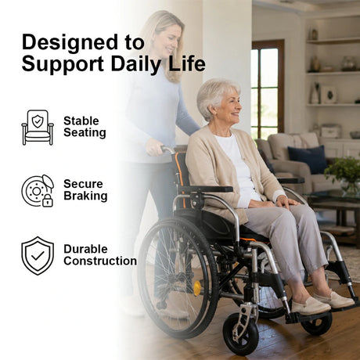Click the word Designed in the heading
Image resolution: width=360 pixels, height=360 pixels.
coord(70,41)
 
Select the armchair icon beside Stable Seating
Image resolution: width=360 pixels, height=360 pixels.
coord(38,128)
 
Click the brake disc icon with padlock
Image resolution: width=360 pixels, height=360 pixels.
coord(38,191)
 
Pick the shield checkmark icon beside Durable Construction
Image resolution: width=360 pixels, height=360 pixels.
coord(38,256)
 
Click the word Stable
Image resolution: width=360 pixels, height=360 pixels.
coord(81,121)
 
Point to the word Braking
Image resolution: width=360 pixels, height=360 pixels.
coord(85,196)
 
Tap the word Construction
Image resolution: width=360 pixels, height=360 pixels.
coord(100,261)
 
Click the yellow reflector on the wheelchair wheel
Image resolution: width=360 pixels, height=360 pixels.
coord(197,288)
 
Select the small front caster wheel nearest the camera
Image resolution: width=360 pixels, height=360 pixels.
coord(240,335)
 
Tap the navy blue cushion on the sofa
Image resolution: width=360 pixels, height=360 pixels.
coord(308,160)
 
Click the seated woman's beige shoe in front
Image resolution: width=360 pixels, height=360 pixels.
coord(311,305)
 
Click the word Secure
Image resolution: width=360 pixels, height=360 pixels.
coord(83,184)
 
